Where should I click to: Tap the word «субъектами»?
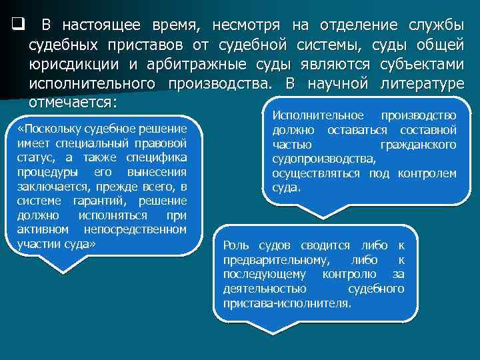pyautogui.click(x=420, y=65)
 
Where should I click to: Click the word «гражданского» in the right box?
pyautogui.click(x=418, y=145)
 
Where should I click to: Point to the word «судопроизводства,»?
pyautogui.click(x=324, y=159)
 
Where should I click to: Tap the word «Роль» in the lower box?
pyautogui.click(x=235, y=245)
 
